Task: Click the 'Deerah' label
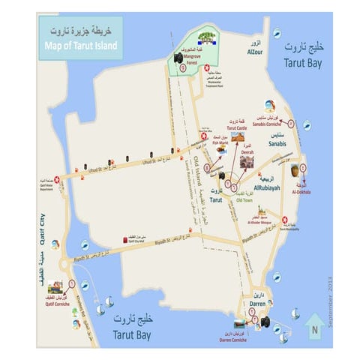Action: (x=247, y=152)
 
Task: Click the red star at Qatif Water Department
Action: (x=49, y=181)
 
